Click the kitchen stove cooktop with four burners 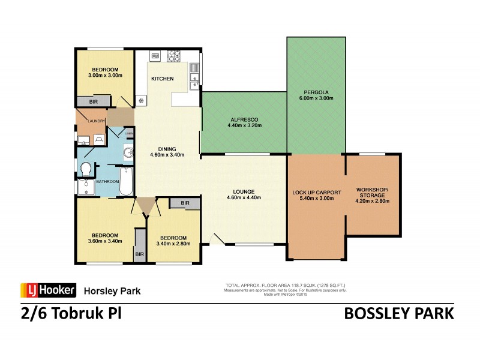(174, 56)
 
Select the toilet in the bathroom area (85, 167)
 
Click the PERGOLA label (316, 93)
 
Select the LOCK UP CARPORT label (316, 192)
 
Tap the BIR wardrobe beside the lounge (185, 203)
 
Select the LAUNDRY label (96, 121)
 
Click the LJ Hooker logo (48, 290)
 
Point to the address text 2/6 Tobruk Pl (67, 314)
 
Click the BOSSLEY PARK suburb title (399, 314)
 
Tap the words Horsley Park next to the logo (112, 291)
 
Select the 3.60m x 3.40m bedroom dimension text (105, 241)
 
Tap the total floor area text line (285, 285)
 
